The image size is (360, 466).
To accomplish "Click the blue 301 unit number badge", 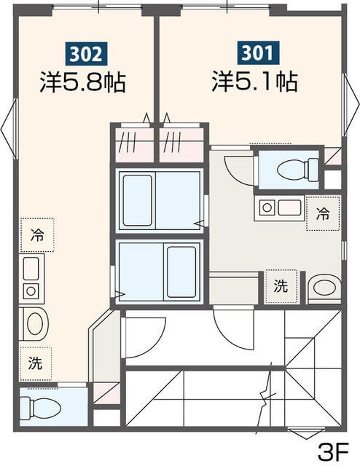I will (255, 53).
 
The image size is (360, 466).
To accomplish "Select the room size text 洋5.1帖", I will (254, 81).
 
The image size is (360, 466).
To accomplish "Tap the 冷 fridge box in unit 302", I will (37, 235).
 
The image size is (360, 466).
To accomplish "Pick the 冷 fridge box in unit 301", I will (323, 213).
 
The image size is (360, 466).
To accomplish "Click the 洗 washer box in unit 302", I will (36, 362).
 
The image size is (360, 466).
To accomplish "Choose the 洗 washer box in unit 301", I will (281, 286).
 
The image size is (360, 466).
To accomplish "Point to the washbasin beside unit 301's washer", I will (323, 288).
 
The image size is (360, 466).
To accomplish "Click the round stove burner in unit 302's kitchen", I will (31, 291).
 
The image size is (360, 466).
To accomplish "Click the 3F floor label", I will (334, 448).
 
